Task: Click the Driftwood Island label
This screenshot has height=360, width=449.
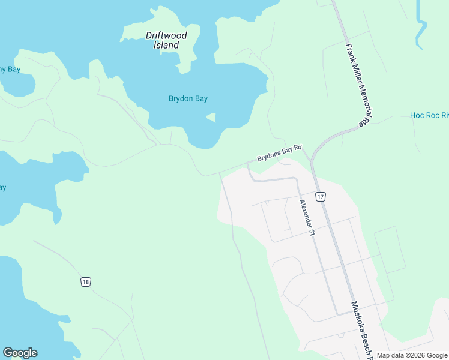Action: coord(166,40)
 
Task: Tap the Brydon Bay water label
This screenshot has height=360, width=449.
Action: coord(188,99)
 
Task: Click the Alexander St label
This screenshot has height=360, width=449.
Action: coord(307,218)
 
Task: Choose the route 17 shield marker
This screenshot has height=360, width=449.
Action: coord(321,196)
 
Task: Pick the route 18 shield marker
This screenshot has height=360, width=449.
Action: coord(86,281)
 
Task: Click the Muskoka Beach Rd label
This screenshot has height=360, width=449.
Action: coord(362,330)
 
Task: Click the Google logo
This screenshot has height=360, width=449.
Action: coord(20,353)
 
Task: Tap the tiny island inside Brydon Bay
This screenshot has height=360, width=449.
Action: coord(211,118)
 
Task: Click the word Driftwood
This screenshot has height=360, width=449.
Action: coord(166,35)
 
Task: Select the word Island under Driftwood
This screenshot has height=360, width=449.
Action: coord(166,45)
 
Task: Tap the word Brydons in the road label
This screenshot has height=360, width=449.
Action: coord(269,157)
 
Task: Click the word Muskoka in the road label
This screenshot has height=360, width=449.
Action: coord(358,319)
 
